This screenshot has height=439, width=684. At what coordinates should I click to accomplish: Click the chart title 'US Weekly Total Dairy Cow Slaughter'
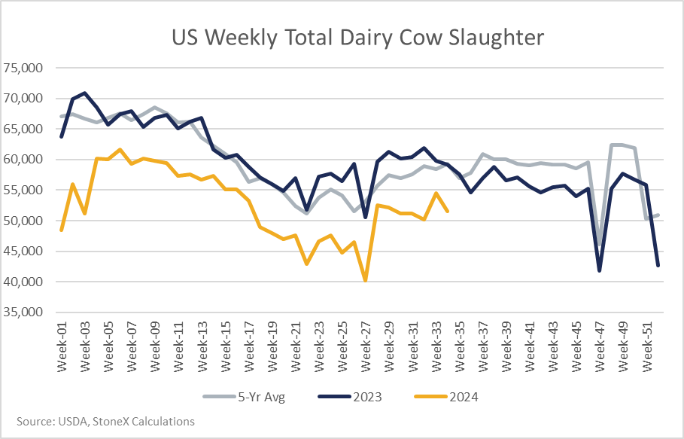tap(357, 38)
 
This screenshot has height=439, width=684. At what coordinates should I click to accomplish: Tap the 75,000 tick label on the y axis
tap(23, 68)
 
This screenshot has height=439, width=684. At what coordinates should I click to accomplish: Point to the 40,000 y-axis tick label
tap(23, 282)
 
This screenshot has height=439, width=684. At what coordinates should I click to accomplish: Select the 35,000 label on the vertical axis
tap(23, 312)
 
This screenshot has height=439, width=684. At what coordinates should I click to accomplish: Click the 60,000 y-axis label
tap(23, 160)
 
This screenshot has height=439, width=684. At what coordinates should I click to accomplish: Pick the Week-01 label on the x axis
tap(62, 347)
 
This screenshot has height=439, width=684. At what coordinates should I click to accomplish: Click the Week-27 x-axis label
tap(365, 347)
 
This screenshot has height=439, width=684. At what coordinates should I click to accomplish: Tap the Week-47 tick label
tap(600, 347)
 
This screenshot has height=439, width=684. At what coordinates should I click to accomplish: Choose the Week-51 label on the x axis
tap(646, 347)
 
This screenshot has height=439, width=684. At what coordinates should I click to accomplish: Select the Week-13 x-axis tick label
tap(202, 347)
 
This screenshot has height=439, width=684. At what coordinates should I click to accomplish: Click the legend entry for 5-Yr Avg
tap(244, 397)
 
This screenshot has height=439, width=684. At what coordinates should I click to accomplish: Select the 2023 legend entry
tap(350, 397)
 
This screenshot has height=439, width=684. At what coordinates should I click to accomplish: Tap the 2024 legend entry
tap(445, 397)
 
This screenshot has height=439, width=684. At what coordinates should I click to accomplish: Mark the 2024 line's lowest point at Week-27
tap(365, 281)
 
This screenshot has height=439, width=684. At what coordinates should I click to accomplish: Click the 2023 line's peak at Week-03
tap(84, 93)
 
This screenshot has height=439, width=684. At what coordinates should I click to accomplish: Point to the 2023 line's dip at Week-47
tap(600, 271)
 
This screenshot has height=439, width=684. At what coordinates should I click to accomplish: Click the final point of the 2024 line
tap(448, 212)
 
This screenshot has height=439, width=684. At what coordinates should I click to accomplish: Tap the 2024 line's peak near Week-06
tap(120, 149)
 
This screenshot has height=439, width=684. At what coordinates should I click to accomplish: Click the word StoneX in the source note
tap(111, 422)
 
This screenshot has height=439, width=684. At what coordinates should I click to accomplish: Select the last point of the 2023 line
tap(658, 265)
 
